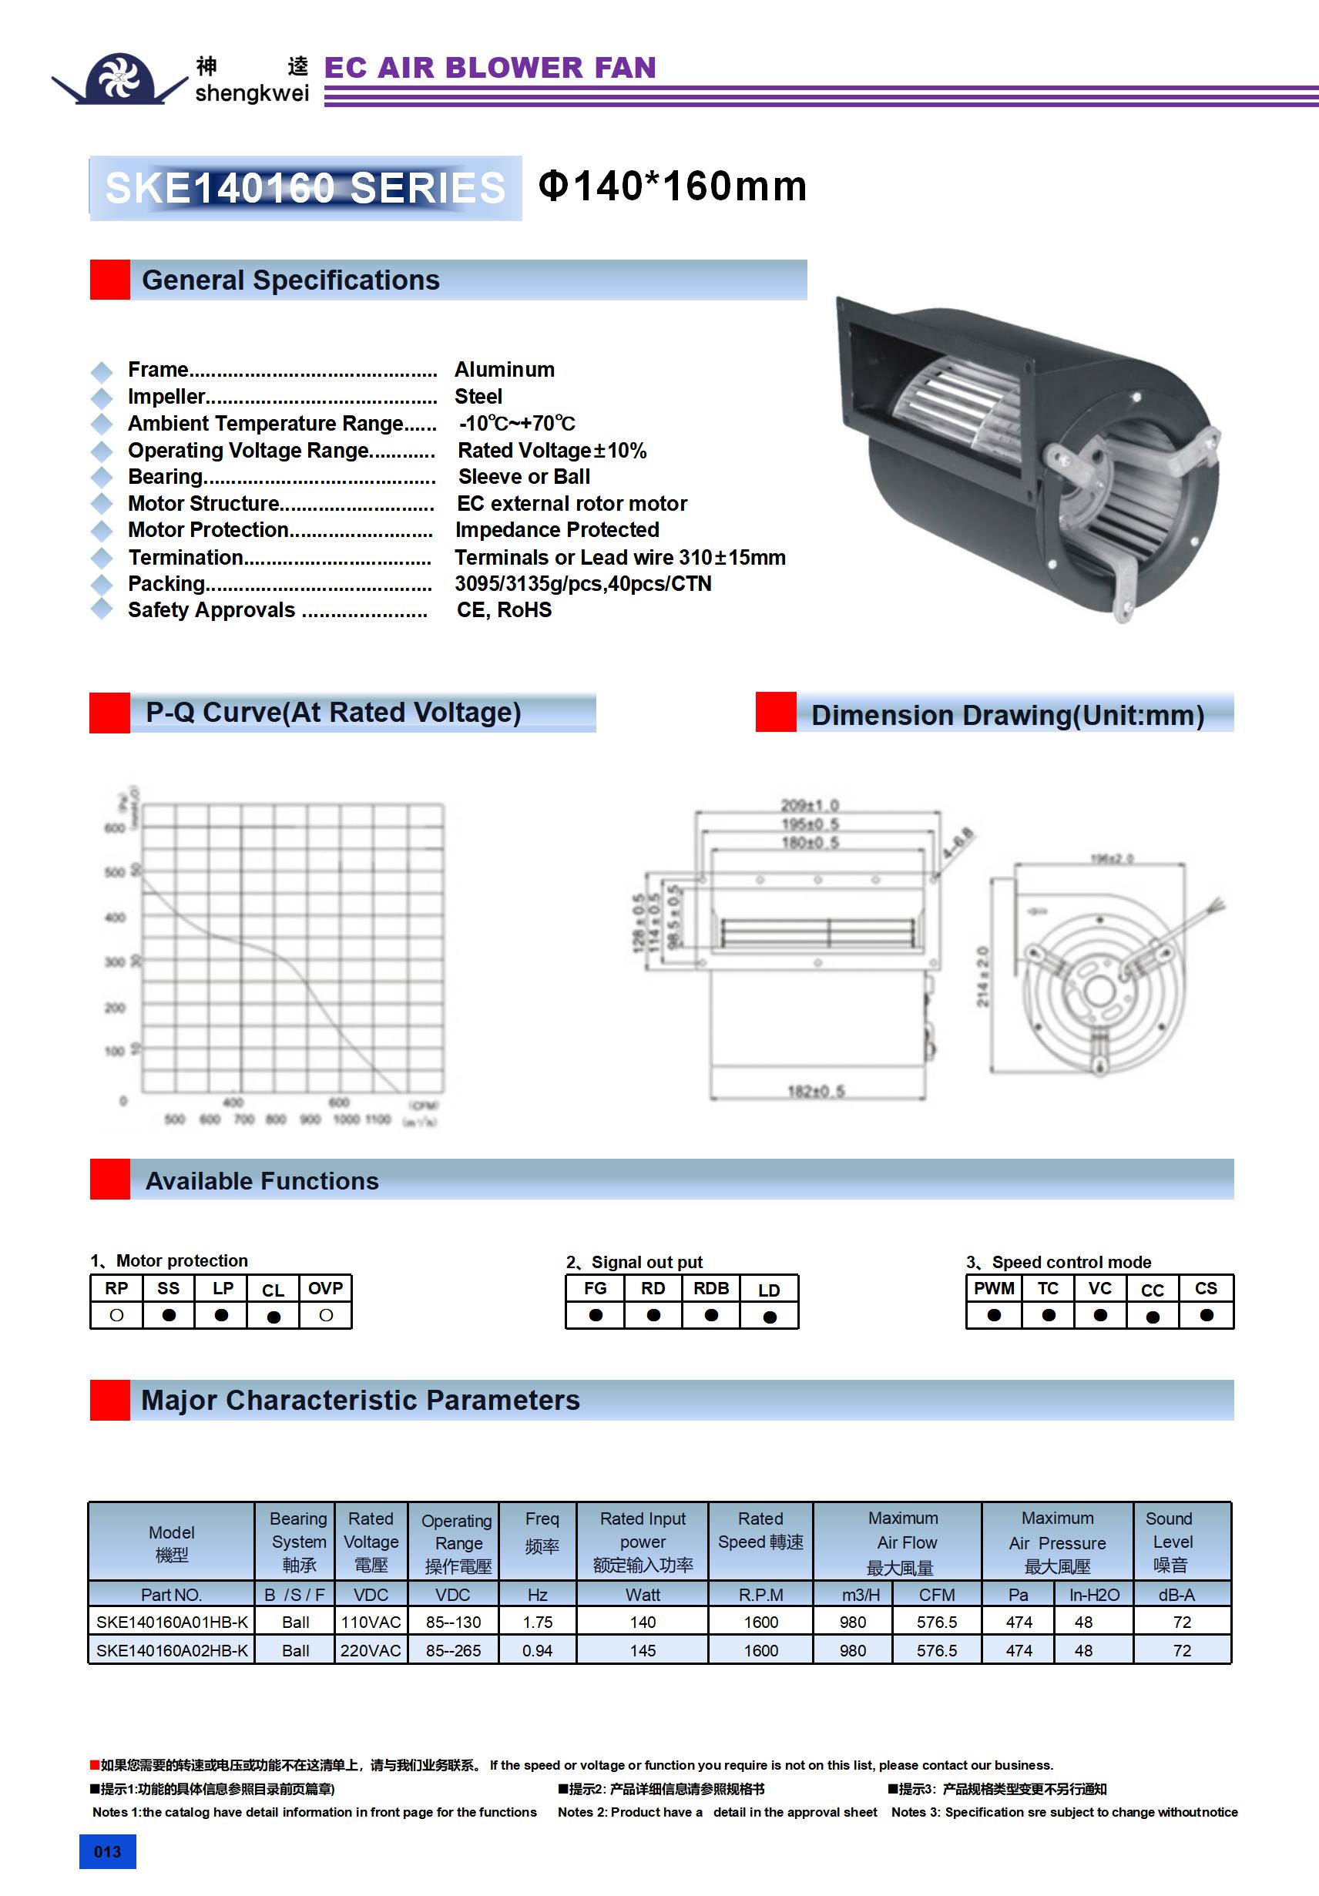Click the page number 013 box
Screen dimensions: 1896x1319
[x=107, y=1851]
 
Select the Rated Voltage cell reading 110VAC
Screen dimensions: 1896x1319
[x=371, y=1622]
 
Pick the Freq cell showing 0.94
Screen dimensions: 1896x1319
[x=538, y=1650]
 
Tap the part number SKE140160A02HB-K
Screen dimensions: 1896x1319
[x=172, y=1650]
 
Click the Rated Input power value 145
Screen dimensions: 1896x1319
[x=643, y=1650]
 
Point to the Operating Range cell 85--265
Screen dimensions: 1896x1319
[x=454, y=1650]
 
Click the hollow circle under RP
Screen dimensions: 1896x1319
[x=116, y=1315]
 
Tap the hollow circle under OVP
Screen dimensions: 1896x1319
[x=326, y=1315]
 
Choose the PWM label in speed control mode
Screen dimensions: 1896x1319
[x=994, y=1288]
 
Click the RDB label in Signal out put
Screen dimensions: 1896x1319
[x=711, y=1288]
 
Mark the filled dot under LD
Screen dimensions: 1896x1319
[x=770, y=1317]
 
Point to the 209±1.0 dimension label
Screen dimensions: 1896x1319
[x=810, y=804]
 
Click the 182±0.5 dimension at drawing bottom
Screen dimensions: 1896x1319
[x=816, y=1091]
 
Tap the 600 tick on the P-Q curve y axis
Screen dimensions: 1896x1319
[x=115, y=827]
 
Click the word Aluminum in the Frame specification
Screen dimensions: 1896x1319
[x=505, y=369]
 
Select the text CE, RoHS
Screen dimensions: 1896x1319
[x=504, y=609]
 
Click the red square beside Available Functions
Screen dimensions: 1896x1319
[x=110, y=1180]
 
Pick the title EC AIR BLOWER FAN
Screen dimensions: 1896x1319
[x=490, y=68]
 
